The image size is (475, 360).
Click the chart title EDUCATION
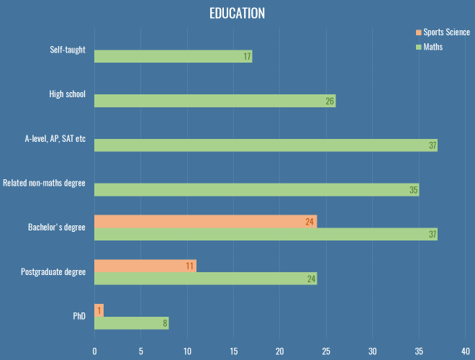[237, 14]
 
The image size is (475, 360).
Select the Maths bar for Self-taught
[173, 56]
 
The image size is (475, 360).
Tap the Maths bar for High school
[214, 101]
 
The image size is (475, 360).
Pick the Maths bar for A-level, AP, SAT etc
[266, 145]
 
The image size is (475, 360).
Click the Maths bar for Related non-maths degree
[256, 190]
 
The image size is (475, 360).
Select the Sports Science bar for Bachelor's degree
[205, 222]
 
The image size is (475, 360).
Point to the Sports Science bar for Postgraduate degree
[145, 266]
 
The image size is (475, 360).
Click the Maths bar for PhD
[131, 323]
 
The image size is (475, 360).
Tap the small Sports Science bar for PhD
[99, 310]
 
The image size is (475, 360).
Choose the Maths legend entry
[433, 47]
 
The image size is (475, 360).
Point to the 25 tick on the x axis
[326, 351]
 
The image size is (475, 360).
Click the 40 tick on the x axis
[465, 351]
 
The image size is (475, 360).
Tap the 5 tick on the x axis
[140, 351]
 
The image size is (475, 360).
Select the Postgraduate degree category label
[54, 271]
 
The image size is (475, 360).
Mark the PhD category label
[78, 316]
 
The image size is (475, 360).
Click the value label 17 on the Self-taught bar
[247, 57]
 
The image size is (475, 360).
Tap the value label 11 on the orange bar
[190, 266]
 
